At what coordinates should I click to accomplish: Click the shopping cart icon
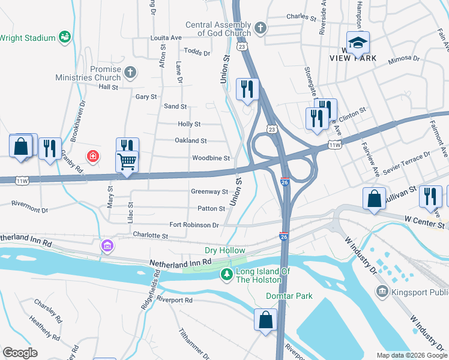pyautogui.click(x=127, y=161)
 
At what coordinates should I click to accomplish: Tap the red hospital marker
pyautogui.click(x=93, y=157)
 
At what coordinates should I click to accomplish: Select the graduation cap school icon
pyautogui.click(x=358, y=43)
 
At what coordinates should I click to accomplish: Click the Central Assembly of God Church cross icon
pyautogui.click(x=260, y=28)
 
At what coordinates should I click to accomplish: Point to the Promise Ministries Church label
pyautogui.click(x=88, y=73)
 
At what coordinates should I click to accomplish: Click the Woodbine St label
pyautogui.click(x=211, y=158)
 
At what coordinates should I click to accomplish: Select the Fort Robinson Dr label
pyautogui.click(x=194, y=225)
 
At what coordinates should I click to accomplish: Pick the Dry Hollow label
pyautogui.click(x=224, y=250)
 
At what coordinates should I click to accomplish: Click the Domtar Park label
pyautogui.click(x=289, y=296)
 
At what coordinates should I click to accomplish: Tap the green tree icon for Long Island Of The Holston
pyautogui.click(x=226, y=275)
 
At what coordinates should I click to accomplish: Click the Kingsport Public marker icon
pyautogui.click(x=382, y=292)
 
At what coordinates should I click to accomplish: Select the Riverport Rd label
pyautogui.click(x=174, y=299)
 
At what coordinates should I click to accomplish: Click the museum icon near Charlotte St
pyautogui.click(x=107, y=245)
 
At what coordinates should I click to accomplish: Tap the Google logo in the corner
pyautogui.click(x=20, y=352)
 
